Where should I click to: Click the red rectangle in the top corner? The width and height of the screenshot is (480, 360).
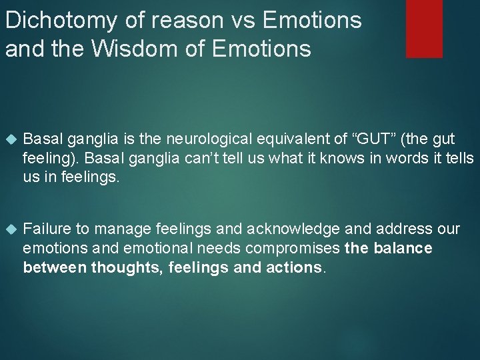pos(424,28)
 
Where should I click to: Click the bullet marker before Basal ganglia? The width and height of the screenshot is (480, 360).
pos(9,139)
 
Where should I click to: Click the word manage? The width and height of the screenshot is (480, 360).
pos(119,229)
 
